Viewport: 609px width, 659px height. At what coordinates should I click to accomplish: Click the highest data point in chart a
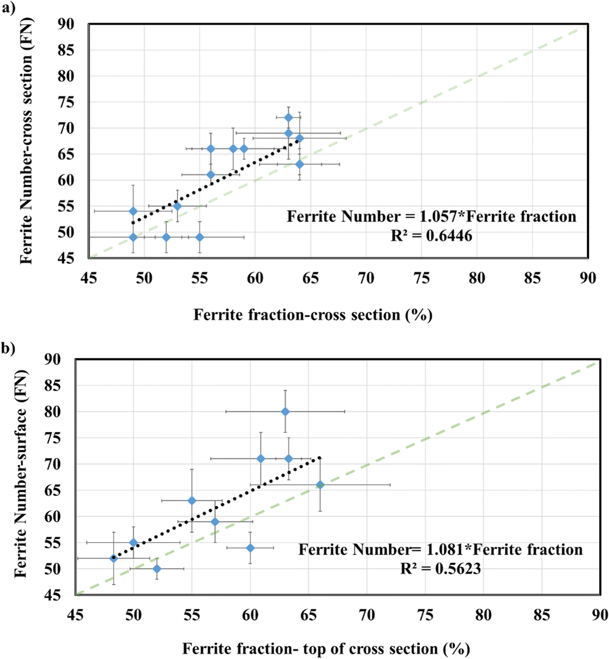point(289,118)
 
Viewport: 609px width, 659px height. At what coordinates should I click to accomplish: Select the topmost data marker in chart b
point(285,412)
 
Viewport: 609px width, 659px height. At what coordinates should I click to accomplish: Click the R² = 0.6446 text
point(431,235)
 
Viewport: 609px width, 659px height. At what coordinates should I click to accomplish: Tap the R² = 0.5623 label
point(440,568)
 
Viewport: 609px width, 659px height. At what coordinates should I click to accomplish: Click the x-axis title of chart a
point(313,315)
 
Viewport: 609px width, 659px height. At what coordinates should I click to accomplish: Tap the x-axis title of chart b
point(326,649)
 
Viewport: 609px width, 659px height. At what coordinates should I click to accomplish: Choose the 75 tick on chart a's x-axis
point(422,278)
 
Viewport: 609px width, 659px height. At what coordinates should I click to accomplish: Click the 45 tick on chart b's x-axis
point(75,614)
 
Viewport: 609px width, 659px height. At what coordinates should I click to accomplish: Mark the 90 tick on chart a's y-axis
point(66,24)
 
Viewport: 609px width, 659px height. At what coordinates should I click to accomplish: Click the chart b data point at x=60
point(250,548)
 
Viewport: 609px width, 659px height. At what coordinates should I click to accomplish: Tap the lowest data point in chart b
point(157,569)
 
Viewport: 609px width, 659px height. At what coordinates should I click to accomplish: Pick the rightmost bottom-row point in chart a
point(200,237)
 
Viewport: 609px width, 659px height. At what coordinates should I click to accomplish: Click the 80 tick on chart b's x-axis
point(483,614)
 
